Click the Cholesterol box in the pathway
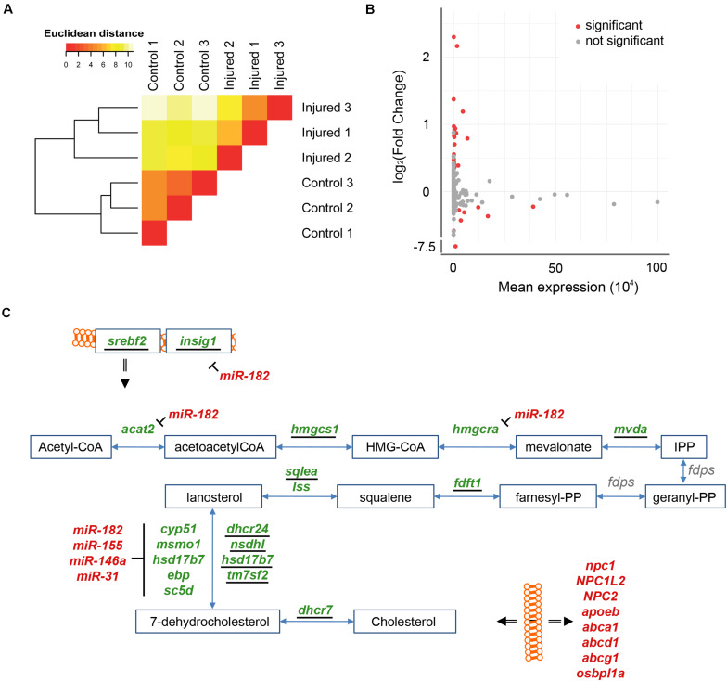404,622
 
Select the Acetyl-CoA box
70,447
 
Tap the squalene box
386,497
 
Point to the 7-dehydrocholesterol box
208,622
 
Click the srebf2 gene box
128,341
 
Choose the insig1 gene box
198,341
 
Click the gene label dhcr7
315,610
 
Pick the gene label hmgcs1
315,430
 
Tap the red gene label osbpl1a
601,674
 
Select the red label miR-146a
98,560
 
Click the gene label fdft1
467,482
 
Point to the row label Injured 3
326,108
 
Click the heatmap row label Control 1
326,233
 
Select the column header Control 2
179,65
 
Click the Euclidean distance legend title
94,33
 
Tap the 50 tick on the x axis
555,267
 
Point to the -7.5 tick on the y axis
425,247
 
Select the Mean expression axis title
568,288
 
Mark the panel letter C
6,313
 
